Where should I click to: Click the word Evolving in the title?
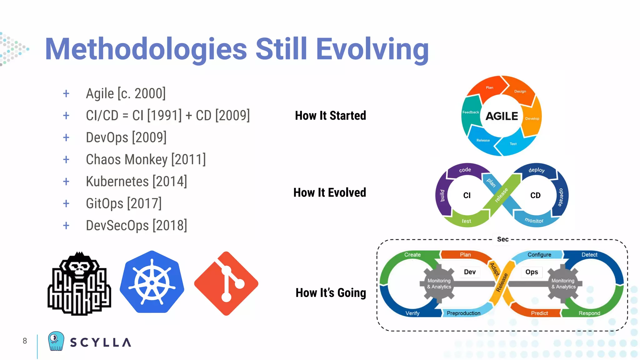(x=372, y=49)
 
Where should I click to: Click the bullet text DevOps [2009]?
(x=126, y=137)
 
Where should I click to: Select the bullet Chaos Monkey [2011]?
(x=146, y=159)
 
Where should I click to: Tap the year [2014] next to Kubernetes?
(x=170, y=182)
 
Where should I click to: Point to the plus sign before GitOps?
(x=66, y=204)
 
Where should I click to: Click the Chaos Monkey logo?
(x=79, y=284)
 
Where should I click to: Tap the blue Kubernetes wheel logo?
(x=152, y=282)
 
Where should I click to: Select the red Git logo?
(x=226, y=283)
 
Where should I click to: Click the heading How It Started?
(x=330, y=116)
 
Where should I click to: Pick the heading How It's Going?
(x=331, y=293)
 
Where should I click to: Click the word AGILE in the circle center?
(x=502, y=116)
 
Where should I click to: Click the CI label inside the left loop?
(x=467, y=196)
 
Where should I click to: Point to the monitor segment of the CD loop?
(x=534, y=220)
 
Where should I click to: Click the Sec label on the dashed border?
(x=502, y=239)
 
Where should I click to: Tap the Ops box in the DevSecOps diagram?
(x=532, y=272)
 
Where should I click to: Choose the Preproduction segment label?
(x=463, y=313)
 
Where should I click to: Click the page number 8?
(x=25, y=341)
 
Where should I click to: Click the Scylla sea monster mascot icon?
(x=56, y=341)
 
